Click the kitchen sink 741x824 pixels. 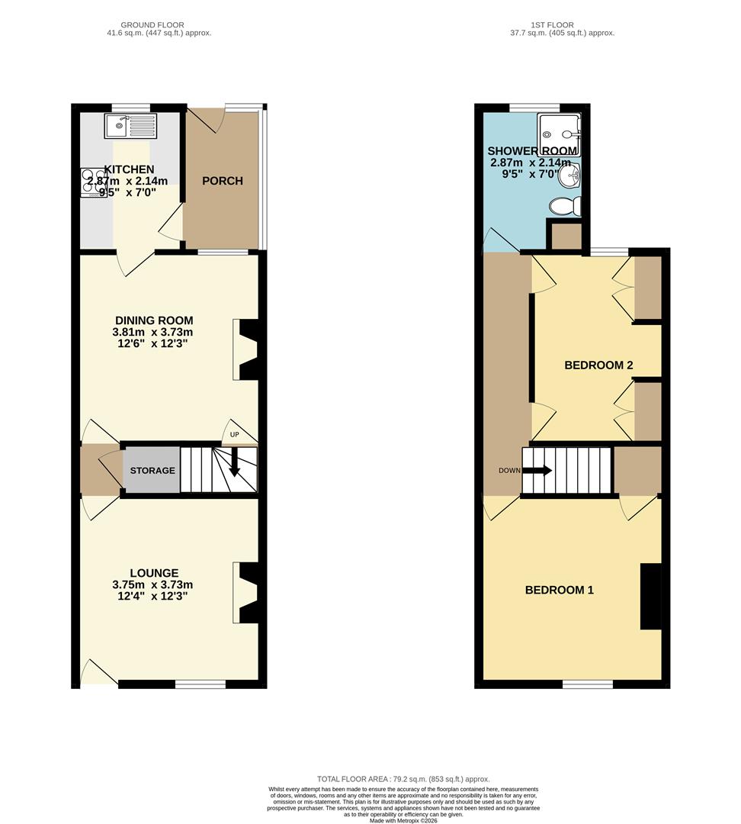[130, 125]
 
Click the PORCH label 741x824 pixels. [223, 181]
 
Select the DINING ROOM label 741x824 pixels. [154, 320]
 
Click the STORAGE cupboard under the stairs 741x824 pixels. [152, 471]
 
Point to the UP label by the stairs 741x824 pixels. [234, 435]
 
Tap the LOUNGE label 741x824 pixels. [154, 573]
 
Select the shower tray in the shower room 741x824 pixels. [559, 132]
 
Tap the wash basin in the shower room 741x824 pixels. [572, 175]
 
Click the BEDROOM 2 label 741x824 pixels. [598, 365]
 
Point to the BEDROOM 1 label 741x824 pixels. [559, 590]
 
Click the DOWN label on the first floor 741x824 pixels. [509, 470]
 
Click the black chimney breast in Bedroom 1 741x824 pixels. [650, 596]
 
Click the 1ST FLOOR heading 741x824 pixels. [563, 25]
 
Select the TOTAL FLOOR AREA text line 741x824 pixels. [403, 778]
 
